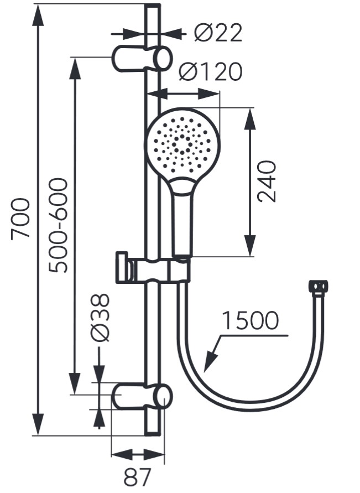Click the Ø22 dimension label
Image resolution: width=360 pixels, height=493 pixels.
point(218,34)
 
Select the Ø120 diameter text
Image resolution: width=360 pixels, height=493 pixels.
point(211,72)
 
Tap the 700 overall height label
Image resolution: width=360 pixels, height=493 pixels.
point(21,218)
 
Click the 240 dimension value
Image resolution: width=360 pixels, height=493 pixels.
point(267,181)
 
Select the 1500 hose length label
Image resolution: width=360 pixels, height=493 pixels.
point(250,321)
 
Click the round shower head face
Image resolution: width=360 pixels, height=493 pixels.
point(182,143)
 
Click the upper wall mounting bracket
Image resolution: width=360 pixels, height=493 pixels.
point(142,59)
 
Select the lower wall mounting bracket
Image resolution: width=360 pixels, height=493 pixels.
point(142,398)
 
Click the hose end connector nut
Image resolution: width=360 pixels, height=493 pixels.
point(318,287)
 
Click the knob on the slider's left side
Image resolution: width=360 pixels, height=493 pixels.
point(122,268)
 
